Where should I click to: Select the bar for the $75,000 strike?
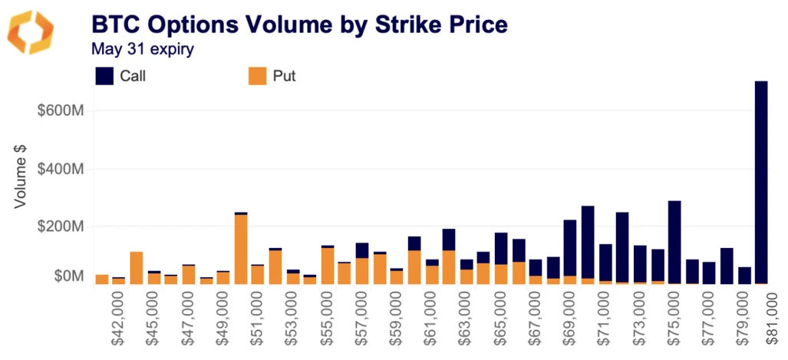click(674, 242)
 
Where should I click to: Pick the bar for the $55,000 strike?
click(328, 265)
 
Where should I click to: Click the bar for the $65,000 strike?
click(501, 258)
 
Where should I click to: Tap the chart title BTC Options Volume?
click(299, 25)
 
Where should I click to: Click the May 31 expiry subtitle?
click(142, 49)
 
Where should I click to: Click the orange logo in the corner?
click(31, 32)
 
